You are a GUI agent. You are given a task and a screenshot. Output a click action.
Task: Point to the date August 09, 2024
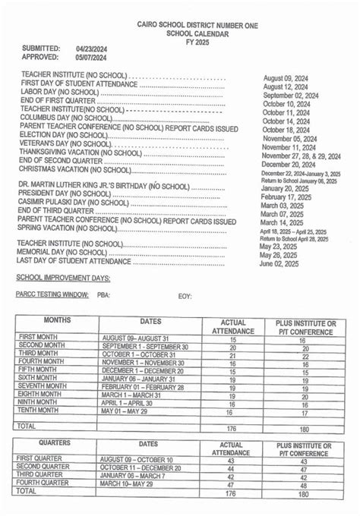pos(287,78)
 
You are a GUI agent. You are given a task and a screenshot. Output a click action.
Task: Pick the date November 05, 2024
pos(288,138)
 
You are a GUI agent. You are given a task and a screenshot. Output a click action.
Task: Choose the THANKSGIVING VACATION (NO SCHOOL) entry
pos(80,152)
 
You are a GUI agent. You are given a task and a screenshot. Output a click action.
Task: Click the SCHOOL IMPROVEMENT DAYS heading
pos(63,278)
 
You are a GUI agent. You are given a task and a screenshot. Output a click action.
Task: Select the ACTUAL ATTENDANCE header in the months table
pos(232,327)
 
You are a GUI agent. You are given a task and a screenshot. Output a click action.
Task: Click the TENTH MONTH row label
pos(43,411)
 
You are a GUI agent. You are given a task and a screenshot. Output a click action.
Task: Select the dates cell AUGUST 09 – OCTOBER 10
pos(137,460)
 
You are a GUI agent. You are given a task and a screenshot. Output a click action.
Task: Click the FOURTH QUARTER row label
pos(48,483)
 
